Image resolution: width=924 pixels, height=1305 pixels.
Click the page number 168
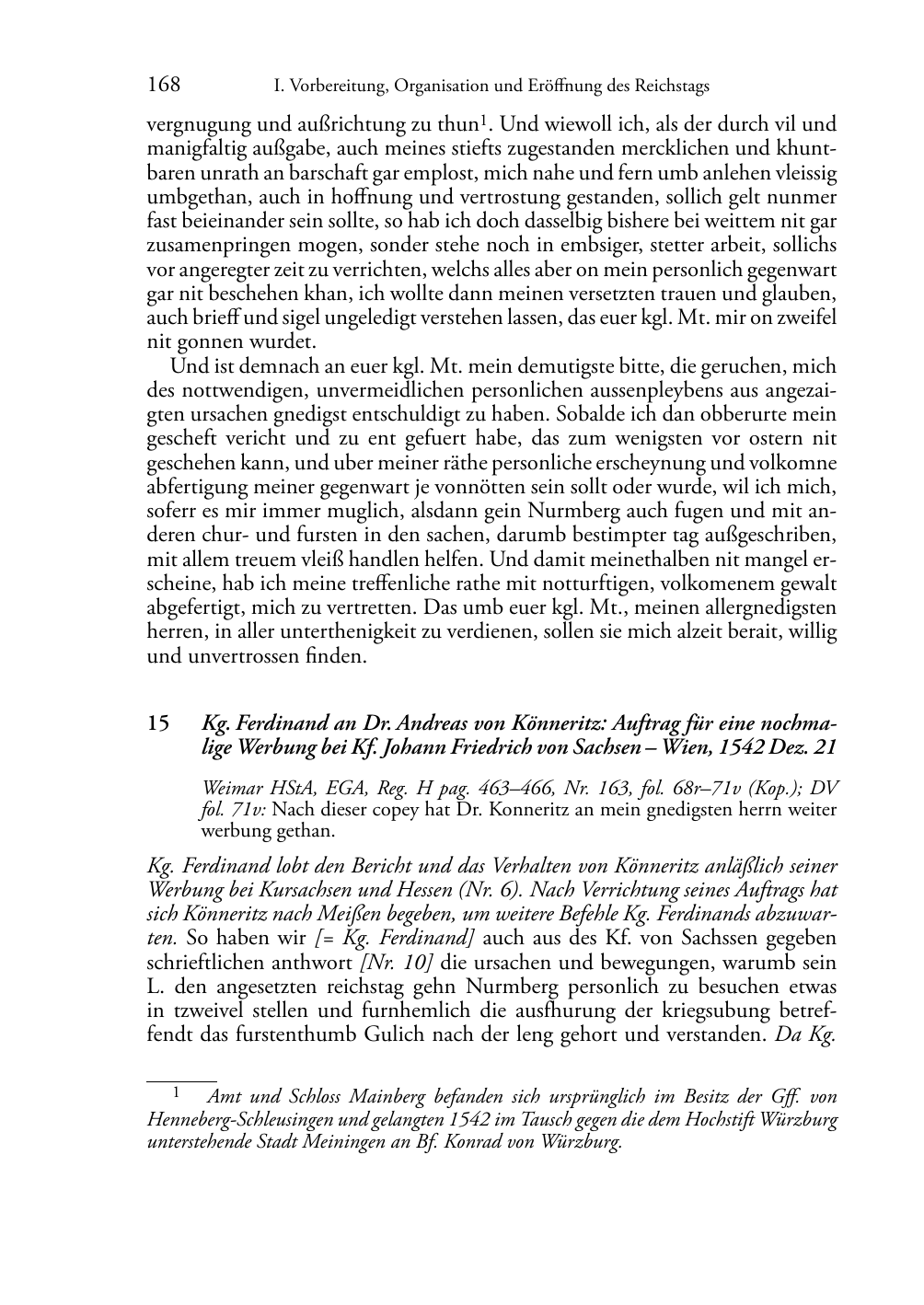(164, 86)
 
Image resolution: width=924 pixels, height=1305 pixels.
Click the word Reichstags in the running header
(669, 87)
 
